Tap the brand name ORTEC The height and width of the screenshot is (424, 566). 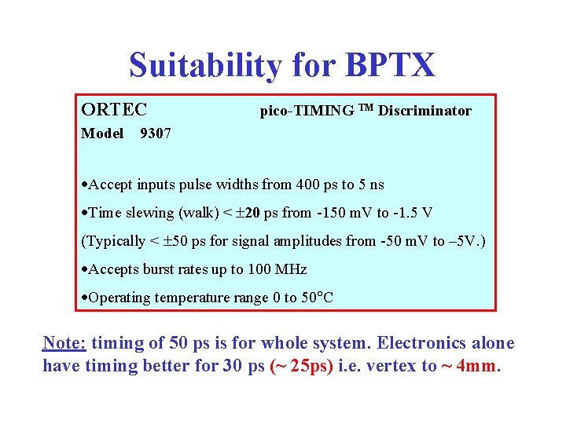[x=114, y=108]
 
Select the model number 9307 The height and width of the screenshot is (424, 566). [x=155, y=133]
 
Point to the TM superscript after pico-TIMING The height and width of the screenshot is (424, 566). [x=366, y=108]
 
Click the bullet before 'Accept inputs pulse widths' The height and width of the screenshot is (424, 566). [x=85, y=185]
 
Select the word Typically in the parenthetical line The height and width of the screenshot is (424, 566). [x=116, y=241]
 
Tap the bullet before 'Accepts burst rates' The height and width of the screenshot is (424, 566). [x=85, y=270]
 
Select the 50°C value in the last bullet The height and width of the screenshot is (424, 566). [x=318, y=298]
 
